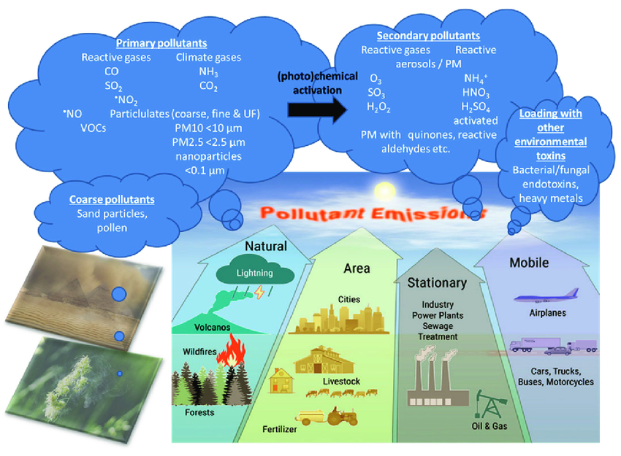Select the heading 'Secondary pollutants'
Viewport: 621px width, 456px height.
tap(428, 35)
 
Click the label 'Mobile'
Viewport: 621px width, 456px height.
tap(529, 263)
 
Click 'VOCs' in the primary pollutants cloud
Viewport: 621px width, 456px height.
tap(94, 127)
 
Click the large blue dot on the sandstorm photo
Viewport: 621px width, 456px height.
tap(118, 295)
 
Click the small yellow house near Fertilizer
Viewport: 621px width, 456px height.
tap(282, 380)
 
